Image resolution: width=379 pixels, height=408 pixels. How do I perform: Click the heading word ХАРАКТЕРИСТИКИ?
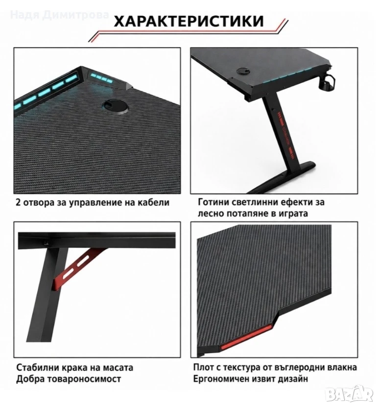[x=189, y=22]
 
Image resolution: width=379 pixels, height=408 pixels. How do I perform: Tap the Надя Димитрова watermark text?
[x=60, y=15]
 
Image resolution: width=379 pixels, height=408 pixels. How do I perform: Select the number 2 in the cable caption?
[x=18, y=202]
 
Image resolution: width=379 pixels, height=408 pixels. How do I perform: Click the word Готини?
[x=213, y=202]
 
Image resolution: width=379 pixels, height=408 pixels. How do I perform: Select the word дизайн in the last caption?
[x=293, y=379]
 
